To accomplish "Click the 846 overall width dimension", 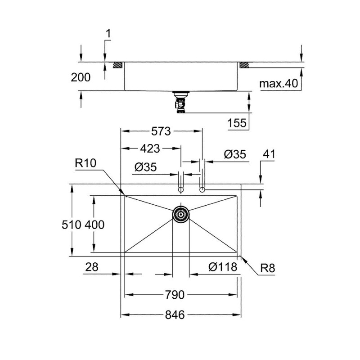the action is pyautogui.click(x=175, y=315).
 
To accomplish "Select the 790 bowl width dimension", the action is pyautogui.click(x=175, y=295).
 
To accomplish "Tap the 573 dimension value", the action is pyautogui.click(x=161, y=131).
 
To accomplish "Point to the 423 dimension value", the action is pyautogui.click(x=150, y=148).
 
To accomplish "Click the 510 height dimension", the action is pyautogui.click(x=72, y=225).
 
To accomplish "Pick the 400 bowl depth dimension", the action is pyautogui.click(x=94, y=225).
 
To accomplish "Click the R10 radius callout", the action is pyautogui.click(x=85, y=163).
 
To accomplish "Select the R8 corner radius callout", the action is pyautogui.click(x=267, y=268).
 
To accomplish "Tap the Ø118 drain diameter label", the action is pyautogui.click(x=223, y=267).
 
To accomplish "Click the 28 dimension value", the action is pyautogui.click(x=92, y=267).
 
